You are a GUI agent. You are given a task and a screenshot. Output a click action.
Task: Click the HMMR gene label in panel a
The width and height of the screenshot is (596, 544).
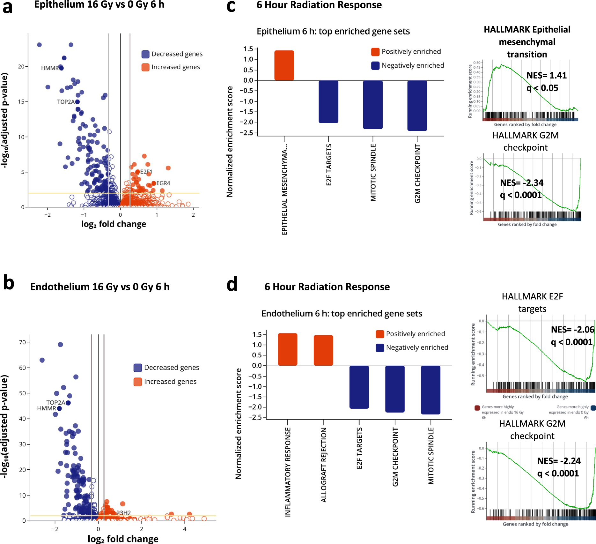[50, 68]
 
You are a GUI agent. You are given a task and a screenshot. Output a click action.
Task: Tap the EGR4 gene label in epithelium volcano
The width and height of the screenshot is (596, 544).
[163, 183]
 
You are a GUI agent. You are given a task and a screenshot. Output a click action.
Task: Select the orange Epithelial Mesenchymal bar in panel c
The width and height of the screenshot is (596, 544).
[284, 65]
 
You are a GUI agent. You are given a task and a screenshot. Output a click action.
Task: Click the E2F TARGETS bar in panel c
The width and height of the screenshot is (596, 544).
[328, 101]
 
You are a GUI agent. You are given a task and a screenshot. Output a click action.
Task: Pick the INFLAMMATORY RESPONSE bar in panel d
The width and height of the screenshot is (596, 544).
[287, 349]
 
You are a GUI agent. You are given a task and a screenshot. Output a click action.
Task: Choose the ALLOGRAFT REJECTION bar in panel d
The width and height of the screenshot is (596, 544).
[323, 350]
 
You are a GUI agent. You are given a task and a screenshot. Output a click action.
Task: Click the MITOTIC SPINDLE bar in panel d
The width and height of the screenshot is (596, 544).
[430, 390]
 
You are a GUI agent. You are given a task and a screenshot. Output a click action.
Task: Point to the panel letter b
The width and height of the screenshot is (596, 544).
[9, 283]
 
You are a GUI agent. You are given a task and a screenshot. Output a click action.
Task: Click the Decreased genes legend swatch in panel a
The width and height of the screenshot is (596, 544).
[145, 54]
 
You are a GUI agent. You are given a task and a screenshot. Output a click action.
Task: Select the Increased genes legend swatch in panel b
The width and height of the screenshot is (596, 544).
[138, 382]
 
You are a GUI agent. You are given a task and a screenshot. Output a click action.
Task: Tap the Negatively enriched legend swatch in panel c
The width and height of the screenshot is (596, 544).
[375, 66]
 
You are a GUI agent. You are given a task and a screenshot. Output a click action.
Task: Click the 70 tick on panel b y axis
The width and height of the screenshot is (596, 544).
[22, 342]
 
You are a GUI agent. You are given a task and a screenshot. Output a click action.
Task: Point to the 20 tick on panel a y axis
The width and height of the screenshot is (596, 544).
[21, 66]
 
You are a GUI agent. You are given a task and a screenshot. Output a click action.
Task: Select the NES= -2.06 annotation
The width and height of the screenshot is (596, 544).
[572, 330]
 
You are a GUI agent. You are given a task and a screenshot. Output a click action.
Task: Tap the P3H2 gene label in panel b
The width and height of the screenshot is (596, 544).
[124, 513]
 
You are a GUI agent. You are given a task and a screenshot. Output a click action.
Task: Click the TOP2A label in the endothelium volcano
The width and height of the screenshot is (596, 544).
[55, 403]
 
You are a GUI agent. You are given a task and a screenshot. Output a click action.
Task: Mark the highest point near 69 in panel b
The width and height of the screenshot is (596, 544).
[60, 345]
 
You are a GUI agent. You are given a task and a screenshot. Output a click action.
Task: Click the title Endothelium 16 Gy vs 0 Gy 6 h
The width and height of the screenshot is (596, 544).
[99, 287]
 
